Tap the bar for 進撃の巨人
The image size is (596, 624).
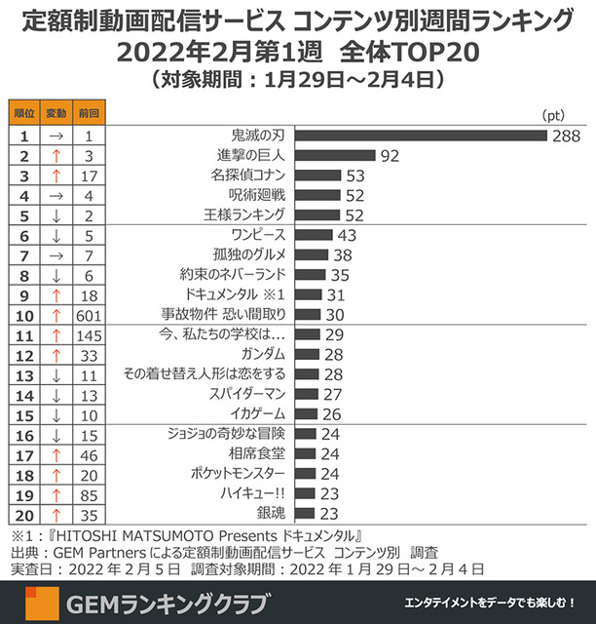335,155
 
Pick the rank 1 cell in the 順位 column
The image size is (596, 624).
24,134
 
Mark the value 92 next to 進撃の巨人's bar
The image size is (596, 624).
391,155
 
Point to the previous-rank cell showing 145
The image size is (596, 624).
88,333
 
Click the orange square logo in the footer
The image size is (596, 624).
39,603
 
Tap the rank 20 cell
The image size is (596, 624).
24,513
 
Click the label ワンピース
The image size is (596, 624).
254,235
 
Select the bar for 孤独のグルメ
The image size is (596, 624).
310,254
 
